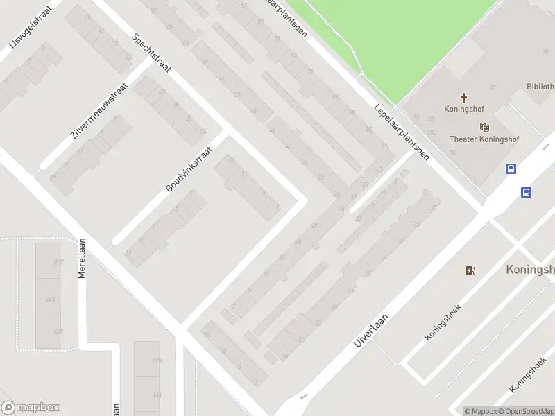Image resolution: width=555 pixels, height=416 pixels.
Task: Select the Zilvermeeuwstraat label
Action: [x=99, y=112]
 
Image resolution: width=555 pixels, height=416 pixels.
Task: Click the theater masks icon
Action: [x=484, y=127]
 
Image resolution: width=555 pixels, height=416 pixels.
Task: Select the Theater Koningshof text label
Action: [x=484, y=139]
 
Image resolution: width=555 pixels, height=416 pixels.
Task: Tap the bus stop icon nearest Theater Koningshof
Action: [x=511, y=169]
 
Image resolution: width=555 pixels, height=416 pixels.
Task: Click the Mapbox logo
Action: [x=31, y=408]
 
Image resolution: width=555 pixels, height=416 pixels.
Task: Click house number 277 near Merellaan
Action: [x=58, y=262]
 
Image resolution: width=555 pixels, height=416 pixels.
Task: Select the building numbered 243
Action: [x=50, y=299]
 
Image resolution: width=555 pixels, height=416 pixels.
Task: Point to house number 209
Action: [x=58, y=331]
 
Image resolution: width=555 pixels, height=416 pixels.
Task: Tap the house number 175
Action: [x=157, y=361]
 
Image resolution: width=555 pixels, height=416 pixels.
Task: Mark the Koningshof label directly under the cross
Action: [x=464, y=109]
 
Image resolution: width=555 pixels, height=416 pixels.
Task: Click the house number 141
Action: [x=157, y=395]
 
